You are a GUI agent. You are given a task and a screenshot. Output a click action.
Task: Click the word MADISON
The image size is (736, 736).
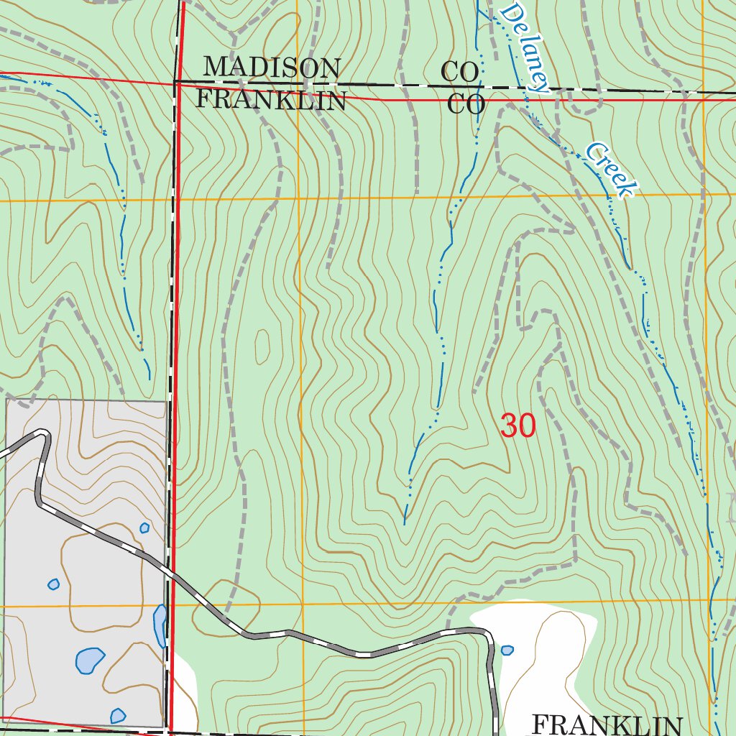[x=271, y=68]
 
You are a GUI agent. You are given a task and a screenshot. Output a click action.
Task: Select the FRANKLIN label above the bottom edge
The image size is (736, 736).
[x=607, y=724]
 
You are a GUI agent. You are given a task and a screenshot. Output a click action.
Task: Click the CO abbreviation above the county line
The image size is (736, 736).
[x=460, y=72]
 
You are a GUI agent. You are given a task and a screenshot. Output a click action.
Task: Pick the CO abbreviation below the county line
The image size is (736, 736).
[x=466, y=105]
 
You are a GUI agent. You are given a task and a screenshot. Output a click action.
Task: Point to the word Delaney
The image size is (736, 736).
[x=525, y=47]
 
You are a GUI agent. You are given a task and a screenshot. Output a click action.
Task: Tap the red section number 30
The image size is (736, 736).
[x=517, y=426]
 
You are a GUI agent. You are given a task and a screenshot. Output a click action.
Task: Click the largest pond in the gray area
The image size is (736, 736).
[x=90, y=660]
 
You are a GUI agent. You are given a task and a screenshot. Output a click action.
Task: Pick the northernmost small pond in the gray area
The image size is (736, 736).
[x=144, y=528]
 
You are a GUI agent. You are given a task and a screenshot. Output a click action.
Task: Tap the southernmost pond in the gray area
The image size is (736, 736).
[x=118, y=716]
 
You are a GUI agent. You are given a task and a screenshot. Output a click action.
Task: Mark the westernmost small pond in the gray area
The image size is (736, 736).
[x=53, y=584]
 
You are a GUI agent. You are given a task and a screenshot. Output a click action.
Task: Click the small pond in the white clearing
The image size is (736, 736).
[x=507, y=650]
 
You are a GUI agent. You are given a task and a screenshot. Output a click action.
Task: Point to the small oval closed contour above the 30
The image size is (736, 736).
[x=262, y=347]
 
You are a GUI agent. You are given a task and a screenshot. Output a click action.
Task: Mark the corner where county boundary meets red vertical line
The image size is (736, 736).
[x=176, y=82]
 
